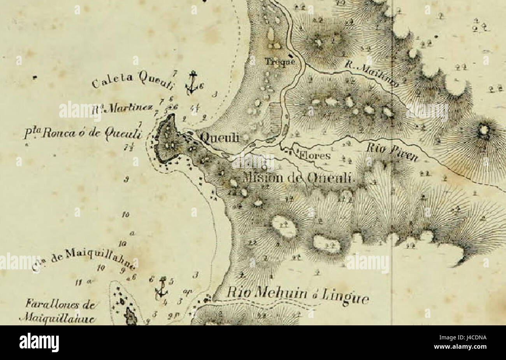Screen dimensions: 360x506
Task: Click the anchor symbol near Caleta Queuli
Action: pyautogui.click(x=191, y=83)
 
